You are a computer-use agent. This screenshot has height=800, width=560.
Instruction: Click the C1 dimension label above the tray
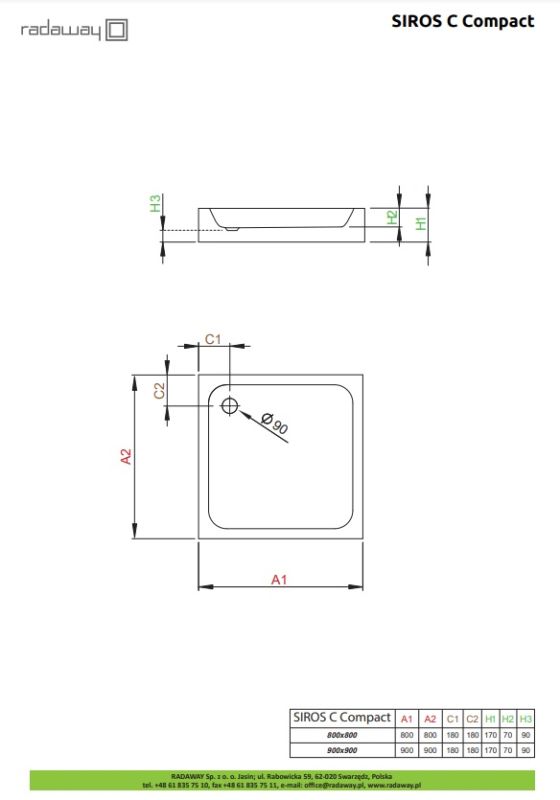tap(212, 339)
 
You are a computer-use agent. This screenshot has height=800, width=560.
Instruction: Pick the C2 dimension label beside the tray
tap(159, 391)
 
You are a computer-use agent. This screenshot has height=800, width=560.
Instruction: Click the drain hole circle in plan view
tap(229, 405)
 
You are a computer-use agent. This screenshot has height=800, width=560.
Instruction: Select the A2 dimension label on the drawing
tap(126, 457)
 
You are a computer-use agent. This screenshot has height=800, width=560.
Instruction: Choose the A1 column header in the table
tap(406, 719)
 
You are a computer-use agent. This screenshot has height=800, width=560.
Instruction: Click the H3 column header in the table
tap(526, 719)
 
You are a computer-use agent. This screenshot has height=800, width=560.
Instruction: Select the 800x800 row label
tap(342, 735)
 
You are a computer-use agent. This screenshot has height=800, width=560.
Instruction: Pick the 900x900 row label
tap(342, 750)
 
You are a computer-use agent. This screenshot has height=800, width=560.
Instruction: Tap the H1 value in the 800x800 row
tap(490, 735)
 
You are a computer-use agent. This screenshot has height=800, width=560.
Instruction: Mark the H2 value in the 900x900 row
tap(508, 750)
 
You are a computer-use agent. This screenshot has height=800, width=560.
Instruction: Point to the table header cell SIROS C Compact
tap(341, 718)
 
